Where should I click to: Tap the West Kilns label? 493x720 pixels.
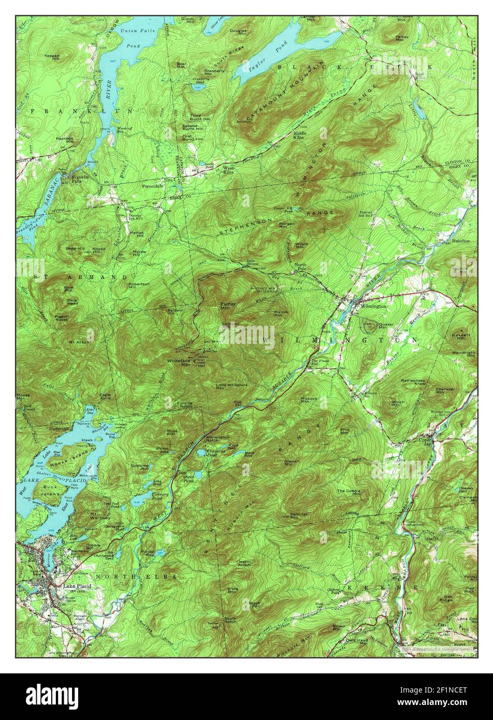[x=228, y=170]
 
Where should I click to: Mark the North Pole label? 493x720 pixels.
[x=300, y=266]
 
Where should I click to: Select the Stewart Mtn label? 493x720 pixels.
[x=292, y=463]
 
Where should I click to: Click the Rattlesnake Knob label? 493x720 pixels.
[x=413, y=382]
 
